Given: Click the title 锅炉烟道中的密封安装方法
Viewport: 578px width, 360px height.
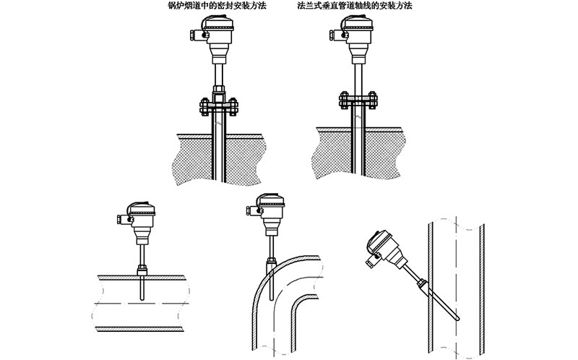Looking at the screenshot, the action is [x=216, y=6].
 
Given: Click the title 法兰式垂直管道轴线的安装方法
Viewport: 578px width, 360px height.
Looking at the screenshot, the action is [x=355, y=6].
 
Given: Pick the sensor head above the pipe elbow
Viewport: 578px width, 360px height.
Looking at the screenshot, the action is [x=266, y=214].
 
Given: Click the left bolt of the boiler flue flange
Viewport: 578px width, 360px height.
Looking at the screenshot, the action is [x=204, y=107].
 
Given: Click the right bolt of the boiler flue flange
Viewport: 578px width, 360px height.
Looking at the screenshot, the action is [x=233, y=107].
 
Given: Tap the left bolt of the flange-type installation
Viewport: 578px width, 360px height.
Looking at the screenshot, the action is [x=344, y=100].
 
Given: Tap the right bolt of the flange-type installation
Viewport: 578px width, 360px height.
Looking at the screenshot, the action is [x=372, y=100].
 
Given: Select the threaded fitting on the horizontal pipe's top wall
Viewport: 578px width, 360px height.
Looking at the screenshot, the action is [x=142, y=270].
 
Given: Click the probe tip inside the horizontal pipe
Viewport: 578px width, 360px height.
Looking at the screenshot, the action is [x=142, y=299].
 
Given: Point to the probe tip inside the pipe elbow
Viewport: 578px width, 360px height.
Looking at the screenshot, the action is [x=272, y=298].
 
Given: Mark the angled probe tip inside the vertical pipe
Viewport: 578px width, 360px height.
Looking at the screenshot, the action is [x=458, y=318].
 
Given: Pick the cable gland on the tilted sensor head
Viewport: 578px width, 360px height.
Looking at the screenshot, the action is [x=370, y=262].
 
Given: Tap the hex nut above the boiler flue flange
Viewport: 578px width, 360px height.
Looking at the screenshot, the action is [x=219, y=90].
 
